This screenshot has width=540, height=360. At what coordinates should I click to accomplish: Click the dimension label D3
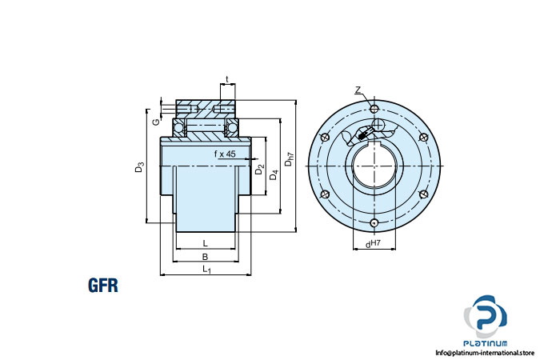coord(140,167)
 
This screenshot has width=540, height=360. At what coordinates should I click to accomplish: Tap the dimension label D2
coord(258,170)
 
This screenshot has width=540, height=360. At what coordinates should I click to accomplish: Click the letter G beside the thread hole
coord(156,122)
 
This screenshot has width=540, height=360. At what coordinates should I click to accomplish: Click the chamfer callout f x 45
coord(224,153)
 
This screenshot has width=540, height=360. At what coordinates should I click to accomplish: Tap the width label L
coord(206,242)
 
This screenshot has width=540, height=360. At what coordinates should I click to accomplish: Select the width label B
coord(206,257)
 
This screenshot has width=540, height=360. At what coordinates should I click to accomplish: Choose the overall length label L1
coord(207,270)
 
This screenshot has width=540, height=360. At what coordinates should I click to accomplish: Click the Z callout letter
coord(358,90)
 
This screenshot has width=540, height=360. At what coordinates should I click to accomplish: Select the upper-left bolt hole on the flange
coord(324,138)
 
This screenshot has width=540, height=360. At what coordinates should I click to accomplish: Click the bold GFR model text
coord(103,286)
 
